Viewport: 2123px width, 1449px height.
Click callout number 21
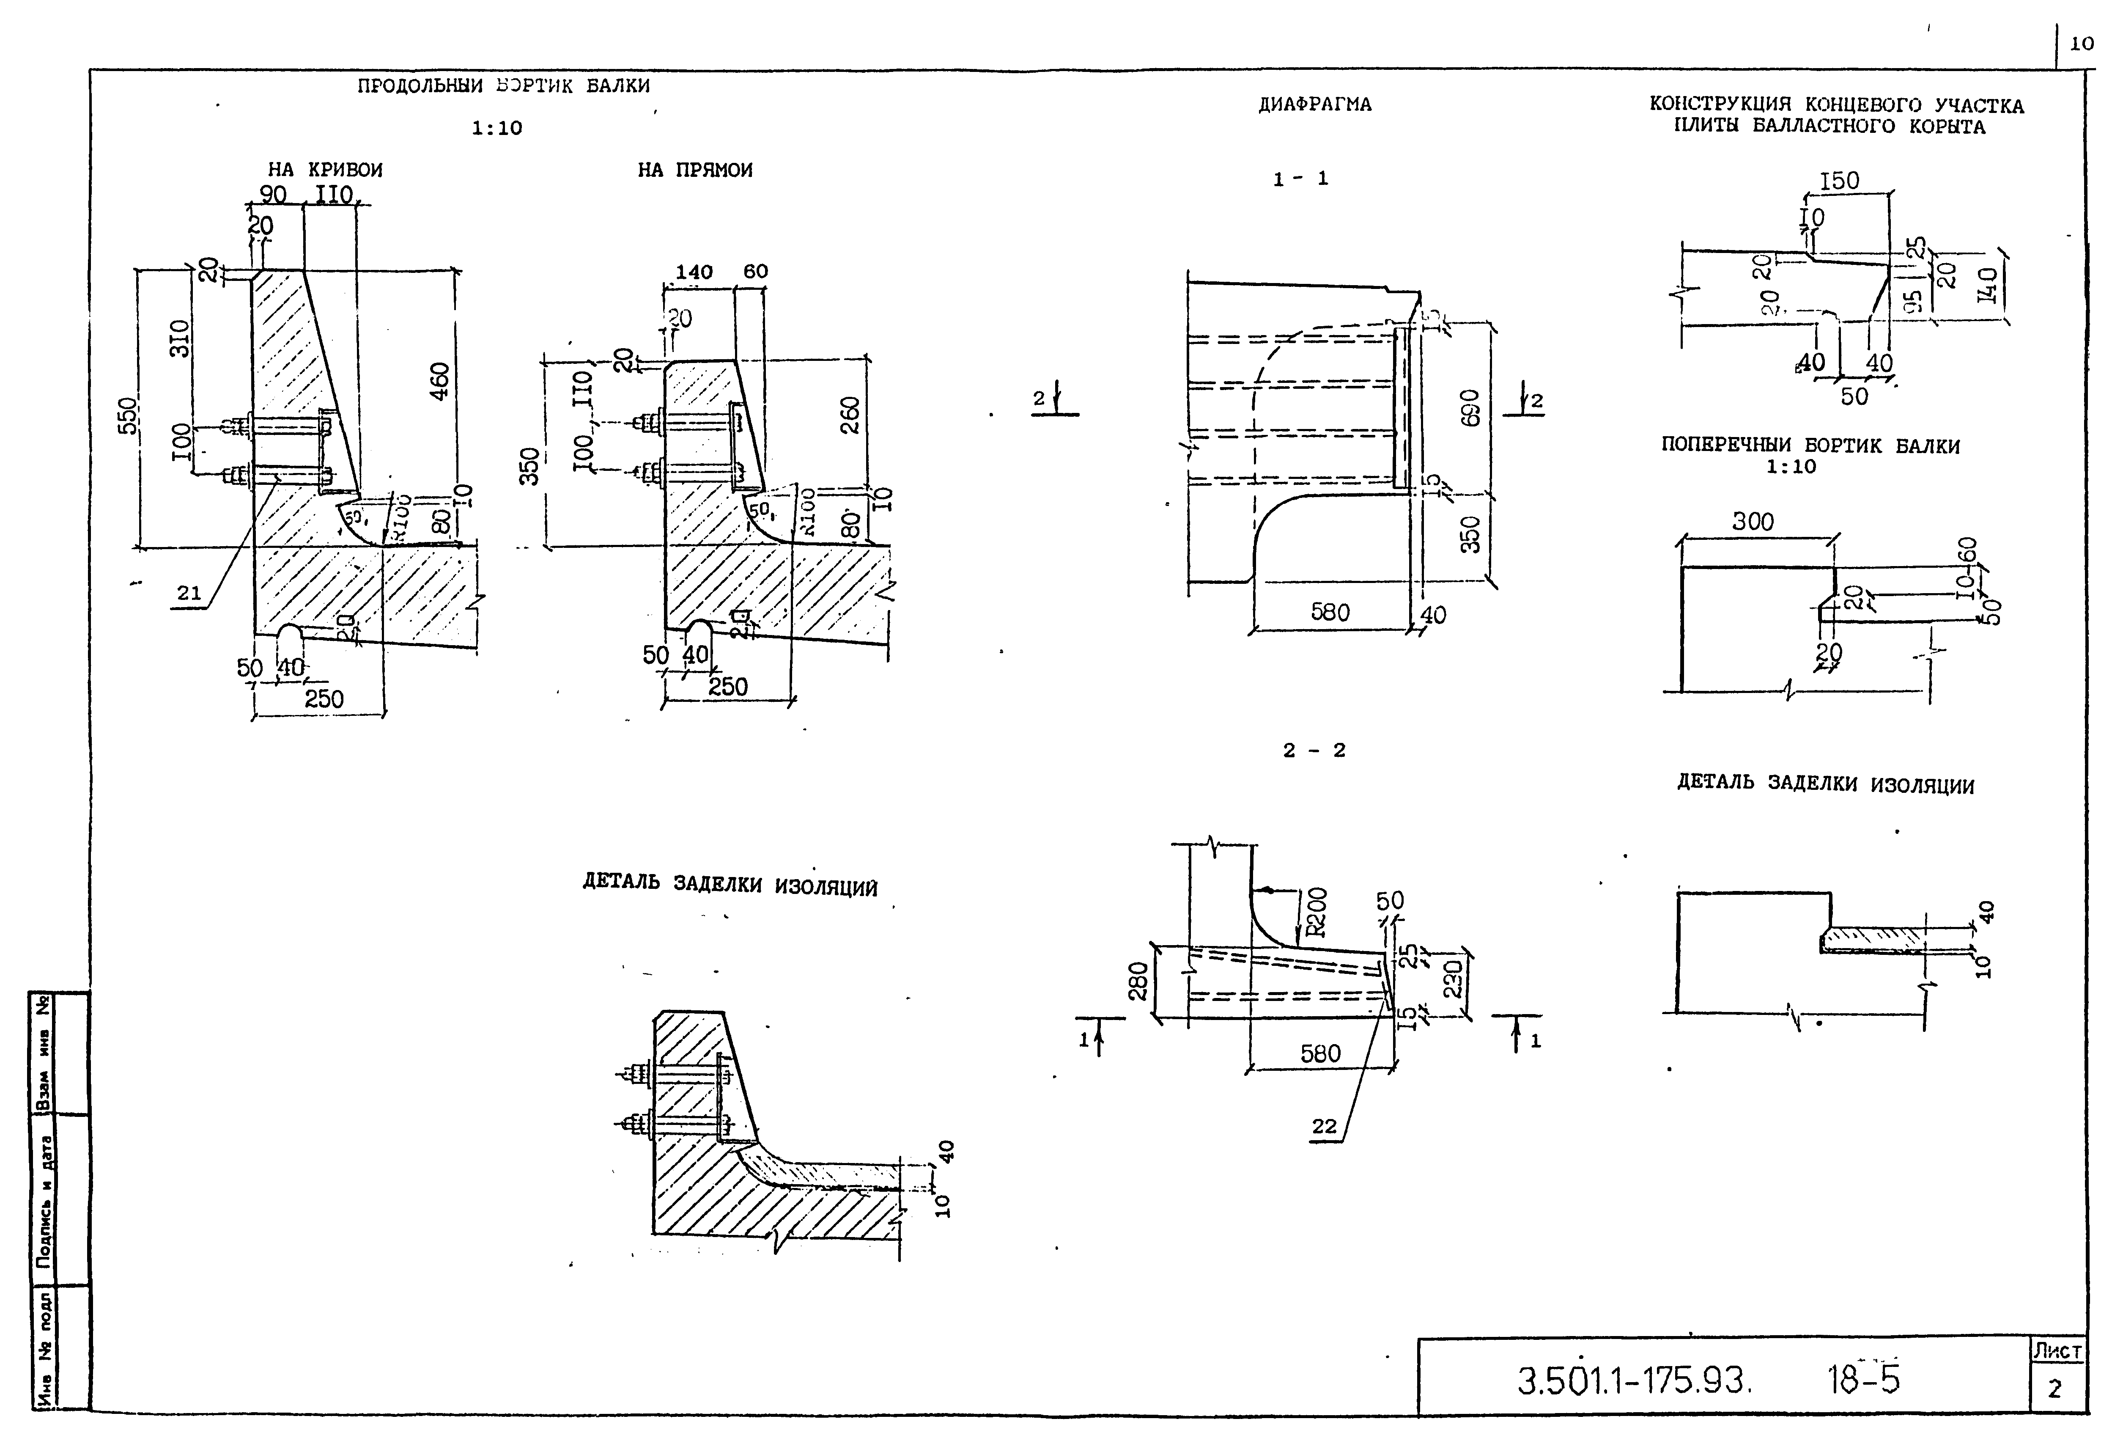[x=189, y=593]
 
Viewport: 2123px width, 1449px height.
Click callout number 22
[x=1324, y=1127]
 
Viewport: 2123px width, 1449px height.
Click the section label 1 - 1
[x=1301, y=179]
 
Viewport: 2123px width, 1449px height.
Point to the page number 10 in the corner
[x=2082, y=43]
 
